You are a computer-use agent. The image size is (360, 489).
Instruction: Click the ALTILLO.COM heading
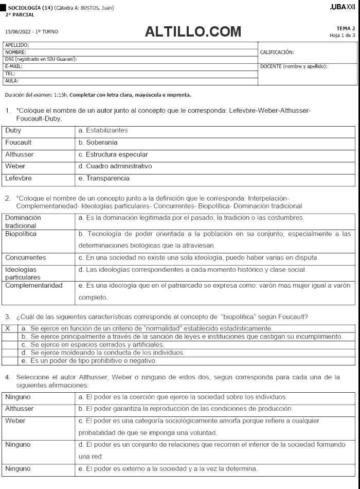pos(193,32)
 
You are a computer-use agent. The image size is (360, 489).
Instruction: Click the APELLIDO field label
pos(17,46)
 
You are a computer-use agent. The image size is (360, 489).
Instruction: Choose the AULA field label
pos(12,81)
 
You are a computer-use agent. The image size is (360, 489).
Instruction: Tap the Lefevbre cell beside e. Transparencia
pos(19,179)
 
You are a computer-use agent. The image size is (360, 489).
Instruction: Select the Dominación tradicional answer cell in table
pos(24,221)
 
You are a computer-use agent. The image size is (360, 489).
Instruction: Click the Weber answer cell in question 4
pos(15,421)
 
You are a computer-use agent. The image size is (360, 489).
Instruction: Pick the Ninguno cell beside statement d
pos(18,444)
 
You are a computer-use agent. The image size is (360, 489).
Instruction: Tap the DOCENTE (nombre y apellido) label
pos(294,66)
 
